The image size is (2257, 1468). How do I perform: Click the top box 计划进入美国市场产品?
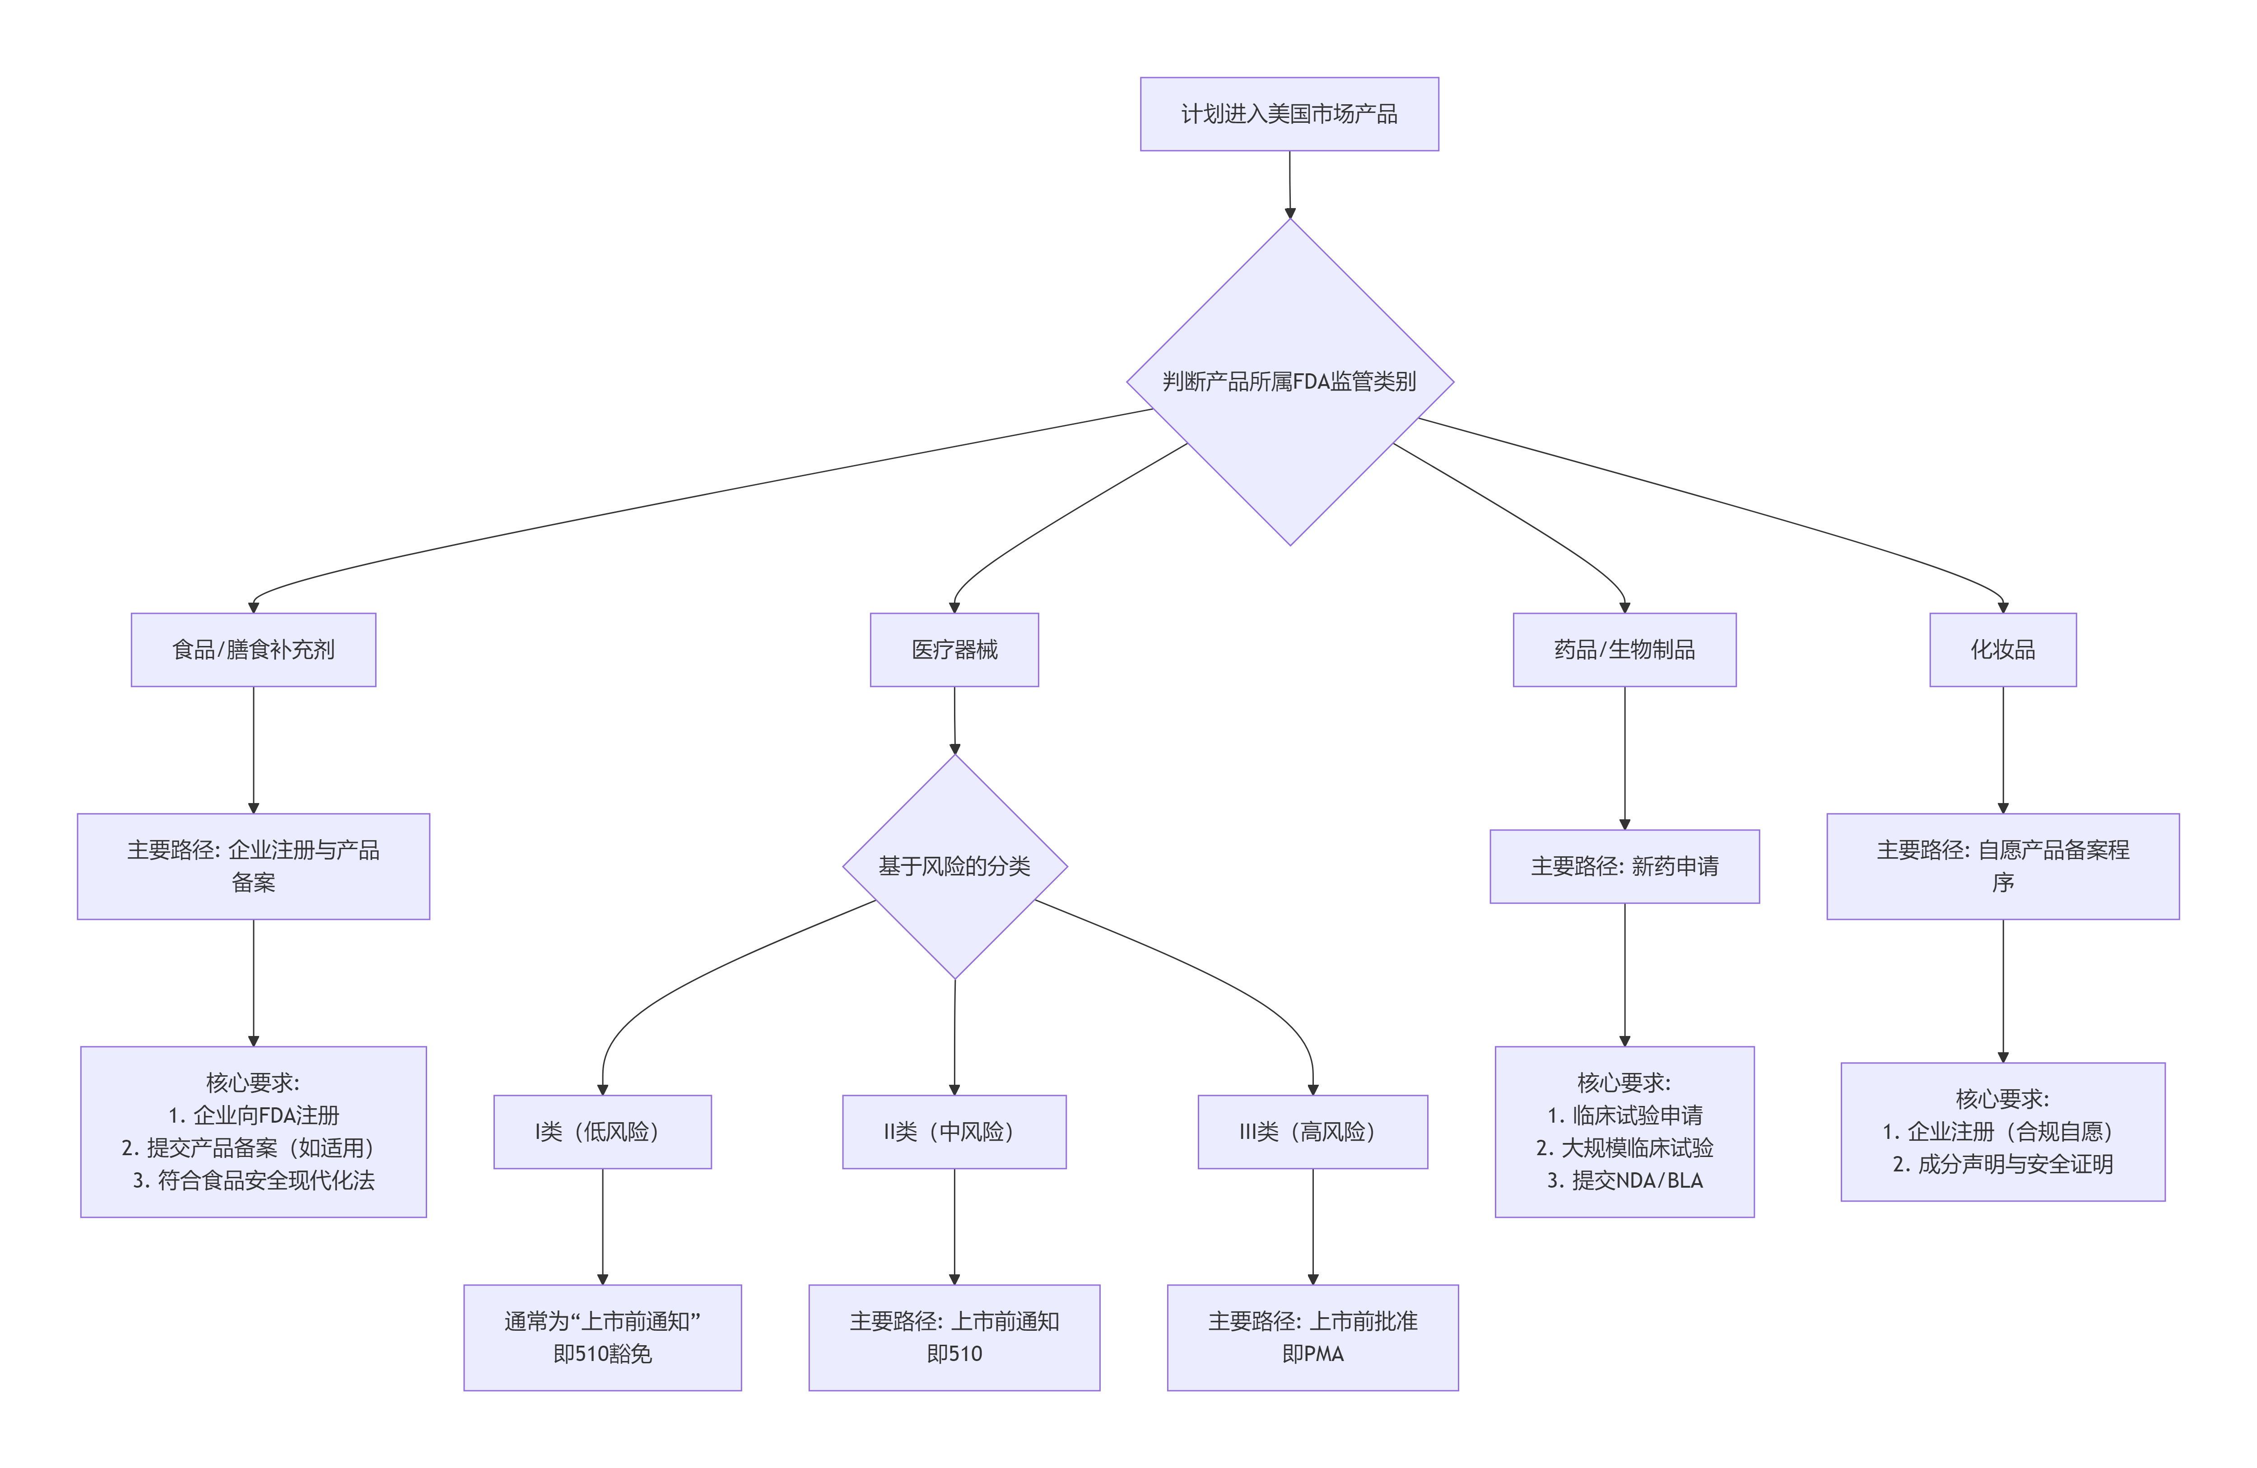tap(1289, 114)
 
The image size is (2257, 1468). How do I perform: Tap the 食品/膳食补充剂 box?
tap(253, 650)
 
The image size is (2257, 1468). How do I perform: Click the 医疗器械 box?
tap(954, 650)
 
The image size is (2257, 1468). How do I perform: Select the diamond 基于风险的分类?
tap(954, 866)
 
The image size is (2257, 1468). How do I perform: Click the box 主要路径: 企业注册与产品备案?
tap(253, 866)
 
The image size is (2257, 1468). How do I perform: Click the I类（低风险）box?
tap(602, 1131)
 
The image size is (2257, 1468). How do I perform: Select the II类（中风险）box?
tap(954, 1131)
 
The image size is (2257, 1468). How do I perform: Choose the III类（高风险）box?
tap(1312, 1131)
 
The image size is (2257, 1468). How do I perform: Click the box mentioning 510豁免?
tap(602, 1337)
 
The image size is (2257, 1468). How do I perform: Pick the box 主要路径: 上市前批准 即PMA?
tap(1312, 1337)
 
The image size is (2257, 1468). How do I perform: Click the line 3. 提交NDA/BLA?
tap(1624, 1180)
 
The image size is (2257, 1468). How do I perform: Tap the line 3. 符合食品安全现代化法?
tap(253, 1180)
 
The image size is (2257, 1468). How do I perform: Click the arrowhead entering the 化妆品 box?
tap(2003, 607)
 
